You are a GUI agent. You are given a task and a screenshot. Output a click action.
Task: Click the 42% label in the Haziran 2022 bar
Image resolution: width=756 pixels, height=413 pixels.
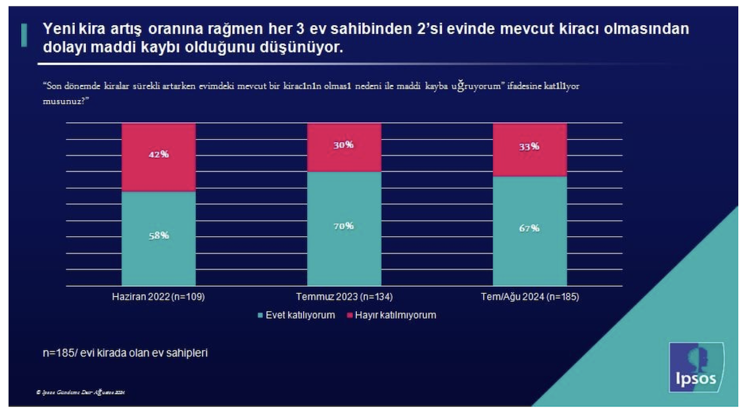158,155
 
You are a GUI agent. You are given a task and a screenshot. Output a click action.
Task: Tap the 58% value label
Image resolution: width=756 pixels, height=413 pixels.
158,235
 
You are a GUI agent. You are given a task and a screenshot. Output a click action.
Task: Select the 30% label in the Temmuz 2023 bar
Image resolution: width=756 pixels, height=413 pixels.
344,145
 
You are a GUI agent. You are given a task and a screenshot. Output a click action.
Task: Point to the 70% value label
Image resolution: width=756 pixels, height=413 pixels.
344,226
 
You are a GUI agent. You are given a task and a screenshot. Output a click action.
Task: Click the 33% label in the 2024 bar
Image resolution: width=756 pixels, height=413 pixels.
529,147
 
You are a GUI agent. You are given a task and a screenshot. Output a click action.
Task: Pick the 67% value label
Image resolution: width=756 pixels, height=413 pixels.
529,228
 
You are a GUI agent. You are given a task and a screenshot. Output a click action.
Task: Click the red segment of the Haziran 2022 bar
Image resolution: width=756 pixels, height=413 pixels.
158,171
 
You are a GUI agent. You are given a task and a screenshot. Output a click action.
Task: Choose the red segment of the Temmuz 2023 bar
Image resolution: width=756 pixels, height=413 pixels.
344,158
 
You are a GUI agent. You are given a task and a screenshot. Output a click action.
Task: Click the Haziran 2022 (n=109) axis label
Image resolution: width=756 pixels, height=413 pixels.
158,297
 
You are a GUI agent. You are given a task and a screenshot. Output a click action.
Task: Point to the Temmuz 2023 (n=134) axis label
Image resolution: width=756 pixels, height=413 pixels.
344,297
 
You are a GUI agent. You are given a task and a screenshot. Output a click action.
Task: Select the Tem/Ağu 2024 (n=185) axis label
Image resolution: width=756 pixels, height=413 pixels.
529,297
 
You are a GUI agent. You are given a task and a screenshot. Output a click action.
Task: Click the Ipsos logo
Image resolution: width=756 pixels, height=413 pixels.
696,367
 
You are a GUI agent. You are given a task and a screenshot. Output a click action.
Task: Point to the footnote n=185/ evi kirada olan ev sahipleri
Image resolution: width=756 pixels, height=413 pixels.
125,353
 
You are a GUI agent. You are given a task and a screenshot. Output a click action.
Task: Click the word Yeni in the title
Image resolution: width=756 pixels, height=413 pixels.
58,30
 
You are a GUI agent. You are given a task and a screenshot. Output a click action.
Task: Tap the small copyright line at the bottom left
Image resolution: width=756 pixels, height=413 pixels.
80,393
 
